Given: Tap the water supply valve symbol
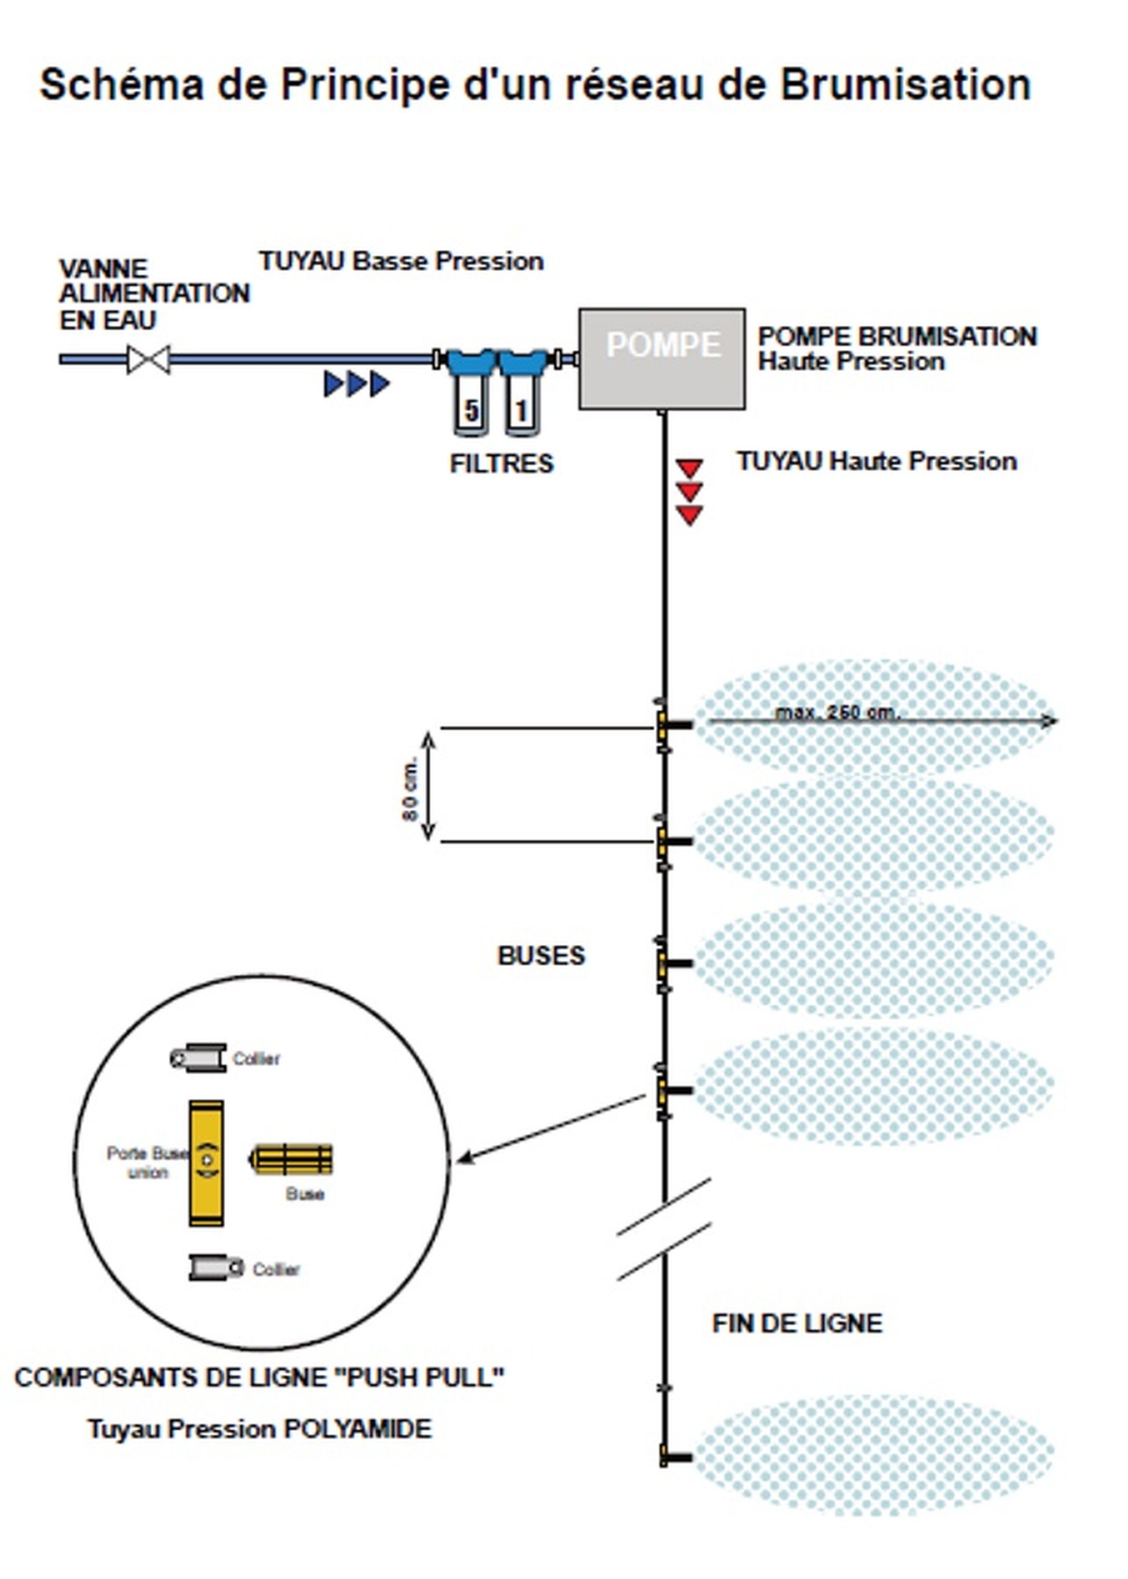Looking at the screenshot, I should tap(148, 359).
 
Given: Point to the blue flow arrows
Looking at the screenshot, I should tap(356, 383).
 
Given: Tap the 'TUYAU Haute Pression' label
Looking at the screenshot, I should tap(877, 461).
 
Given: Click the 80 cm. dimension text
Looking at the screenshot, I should tap(410, 788).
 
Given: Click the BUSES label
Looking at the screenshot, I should tap(541, 956).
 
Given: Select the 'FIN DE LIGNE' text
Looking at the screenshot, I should tap(797, 1323).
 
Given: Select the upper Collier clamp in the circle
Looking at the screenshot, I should tap(199, 1057).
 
